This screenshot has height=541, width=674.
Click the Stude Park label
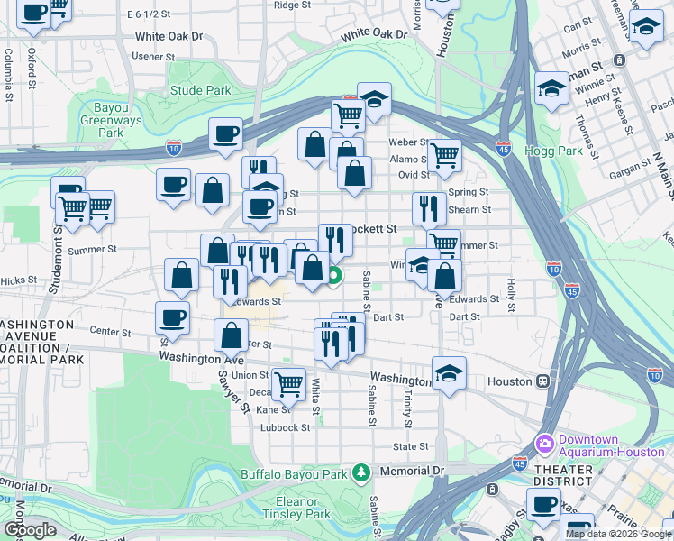click(x=200, y=91)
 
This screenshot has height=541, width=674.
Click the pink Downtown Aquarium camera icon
click(x=544, y=444)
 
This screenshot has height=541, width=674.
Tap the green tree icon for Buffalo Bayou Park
click(x=361, y=472)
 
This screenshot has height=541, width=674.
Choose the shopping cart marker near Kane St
click(x=288, y=384)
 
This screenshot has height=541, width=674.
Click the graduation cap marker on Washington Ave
click(x=448, y=372)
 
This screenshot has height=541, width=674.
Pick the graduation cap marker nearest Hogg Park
click(x=551, y=88)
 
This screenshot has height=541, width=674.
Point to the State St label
click(x=411, y=446)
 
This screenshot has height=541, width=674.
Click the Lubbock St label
click(x=293, y=428)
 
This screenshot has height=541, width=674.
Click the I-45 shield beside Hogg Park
click(x=503, y=149)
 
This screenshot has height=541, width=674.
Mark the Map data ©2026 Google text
click(x=617, y=534)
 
